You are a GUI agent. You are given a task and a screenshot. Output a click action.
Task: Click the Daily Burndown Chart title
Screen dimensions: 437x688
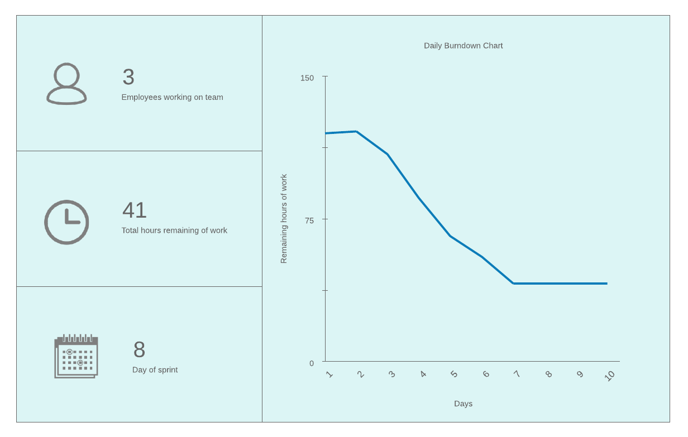coord(463,46)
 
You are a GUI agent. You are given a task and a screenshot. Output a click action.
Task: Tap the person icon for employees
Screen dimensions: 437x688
coord(66,84)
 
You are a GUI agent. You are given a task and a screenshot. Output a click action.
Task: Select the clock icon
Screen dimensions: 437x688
coord(66,222)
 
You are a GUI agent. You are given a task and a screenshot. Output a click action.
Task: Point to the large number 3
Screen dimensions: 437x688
coord(128,77)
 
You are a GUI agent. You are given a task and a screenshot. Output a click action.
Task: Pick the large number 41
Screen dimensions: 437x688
coord(135,210)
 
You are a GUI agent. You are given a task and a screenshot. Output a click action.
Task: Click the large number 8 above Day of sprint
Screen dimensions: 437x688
coord(139,350)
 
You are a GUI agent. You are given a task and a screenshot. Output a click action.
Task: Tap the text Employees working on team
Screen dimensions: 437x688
coord(172,97)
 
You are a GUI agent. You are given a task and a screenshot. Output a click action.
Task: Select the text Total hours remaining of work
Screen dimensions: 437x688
coord(174,230)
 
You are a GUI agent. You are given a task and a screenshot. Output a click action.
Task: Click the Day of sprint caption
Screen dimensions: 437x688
coord(155,370)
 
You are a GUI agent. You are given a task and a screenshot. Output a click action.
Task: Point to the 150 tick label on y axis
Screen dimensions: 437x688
coord(307,78)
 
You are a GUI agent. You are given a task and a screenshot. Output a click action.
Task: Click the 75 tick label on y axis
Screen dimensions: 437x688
coord(309,220)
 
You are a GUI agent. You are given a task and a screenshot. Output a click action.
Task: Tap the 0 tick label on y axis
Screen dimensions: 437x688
coord(312,363)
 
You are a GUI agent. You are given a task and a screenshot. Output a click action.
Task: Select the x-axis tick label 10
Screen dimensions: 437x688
coord(610,376)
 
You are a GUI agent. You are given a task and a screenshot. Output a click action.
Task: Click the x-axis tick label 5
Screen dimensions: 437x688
coord(454,374)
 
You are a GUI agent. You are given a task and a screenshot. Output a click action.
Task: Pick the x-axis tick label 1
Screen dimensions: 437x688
coord(329,374)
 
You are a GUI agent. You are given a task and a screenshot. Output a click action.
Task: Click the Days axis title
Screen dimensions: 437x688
coord(463,404)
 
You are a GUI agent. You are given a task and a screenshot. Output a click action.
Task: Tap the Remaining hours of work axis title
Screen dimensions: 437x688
coord(284,219)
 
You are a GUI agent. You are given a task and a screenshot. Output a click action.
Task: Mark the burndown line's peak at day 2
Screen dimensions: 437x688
coord(356,132)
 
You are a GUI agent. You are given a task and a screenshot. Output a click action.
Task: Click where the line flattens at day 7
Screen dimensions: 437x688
coord(513,284)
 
